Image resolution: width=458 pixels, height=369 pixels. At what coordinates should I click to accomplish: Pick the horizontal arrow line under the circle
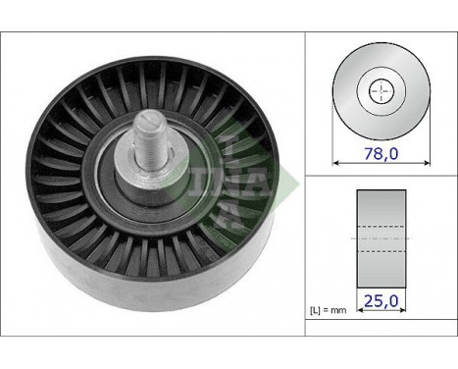point(379,163)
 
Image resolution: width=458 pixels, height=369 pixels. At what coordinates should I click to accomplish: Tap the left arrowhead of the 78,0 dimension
point(335,163)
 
